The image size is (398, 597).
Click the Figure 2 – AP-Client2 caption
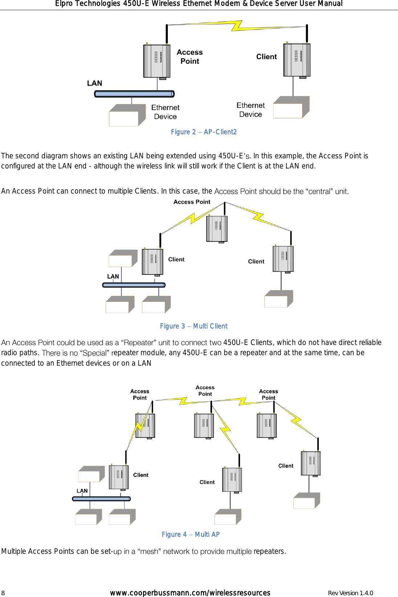click(x=203, y=132)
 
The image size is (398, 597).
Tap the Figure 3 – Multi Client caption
click(x=194, y=326)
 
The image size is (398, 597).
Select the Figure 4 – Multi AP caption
click(x=190, y=534)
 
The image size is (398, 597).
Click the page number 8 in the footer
click(x=3, y=593)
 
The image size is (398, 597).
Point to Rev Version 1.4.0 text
click(x=350, y=593)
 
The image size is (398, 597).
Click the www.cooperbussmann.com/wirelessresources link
click(x=190, y=593)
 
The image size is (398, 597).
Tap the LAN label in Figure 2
click(x=94, y=83)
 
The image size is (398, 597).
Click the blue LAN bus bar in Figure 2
click(x=134, y=94)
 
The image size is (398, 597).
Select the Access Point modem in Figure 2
click(x=157, y=61)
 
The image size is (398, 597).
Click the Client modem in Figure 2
click(x=297, y=60)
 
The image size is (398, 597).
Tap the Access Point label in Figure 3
click(x=192, y=202)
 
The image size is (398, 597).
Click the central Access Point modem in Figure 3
click(x=217, y=228)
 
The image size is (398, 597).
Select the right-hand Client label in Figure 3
click(x=256, y=261)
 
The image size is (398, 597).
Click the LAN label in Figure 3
click(x=113, y=276)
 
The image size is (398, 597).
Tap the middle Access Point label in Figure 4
click(x=205, y=391)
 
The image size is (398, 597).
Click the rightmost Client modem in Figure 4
click(x=311, y=463)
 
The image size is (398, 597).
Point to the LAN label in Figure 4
click(x=82, y=491)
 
